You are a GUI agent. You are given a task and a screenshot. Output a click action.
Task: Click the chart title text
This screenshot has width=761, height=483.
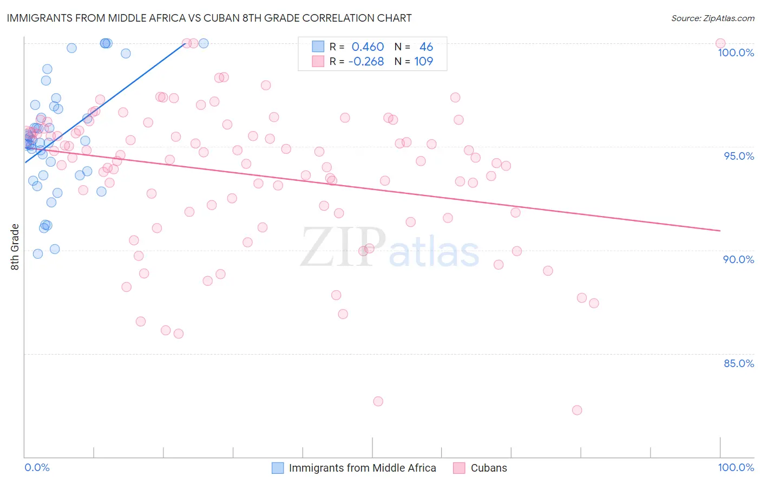click(x=209, y=18)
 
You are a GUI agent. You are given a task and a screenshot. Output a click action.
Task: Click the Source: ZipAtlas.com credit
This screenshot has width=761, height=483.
click(x=712, y=18)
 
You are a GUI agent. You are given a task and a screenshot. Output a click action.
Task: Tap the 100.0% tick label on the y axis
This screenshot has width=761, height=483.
click(x=736, y=53)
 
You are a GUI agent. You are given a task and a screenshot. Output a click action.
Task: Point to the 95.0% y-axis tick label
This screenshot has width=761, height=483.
click(x=739, y=156)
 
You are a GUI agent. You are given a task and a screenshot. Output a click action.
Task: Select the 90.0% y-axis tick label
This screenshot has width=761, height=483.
click(x=739, y=259)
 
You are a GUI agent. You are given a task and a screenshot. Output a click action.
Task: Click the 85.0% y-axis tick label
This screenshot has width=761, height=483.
click(x=739, y=363)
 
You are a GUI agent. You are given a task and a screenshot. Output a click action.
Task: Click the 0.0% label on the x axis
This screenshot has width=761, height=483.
click(x=37, y=467)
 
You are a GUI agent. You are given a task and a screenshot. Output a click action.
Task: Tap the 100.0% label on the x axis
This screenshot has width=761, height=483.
click(x=736, y=467)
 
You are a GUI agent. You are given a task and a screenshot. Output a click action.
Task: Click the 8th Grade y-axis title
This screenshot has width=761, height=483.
click(x=15, y=247)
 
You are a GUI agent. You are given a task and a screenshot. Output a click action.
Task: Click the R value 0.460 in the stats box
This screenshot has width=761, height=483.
click(x=368, y=47)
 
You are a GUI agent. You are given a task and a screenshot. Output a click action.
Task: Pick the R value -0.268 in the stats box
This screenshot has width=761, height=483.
click(x=366, y=61)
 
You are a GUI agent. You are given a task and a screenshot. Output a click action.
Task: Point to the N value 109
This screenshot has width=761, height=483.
click(x=424, y=61)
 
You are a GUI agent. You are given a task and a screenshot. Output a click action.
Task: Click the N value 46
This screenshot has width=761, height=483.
click(x=426, y=47)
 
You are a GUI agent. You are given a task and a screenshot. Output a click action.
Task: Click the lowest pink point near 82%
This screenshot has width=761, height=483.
click(x=577, y=410)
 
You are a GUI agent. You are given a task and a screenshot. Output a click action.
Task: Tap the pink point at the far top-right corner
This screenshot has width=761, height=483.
click(x=720, y=43)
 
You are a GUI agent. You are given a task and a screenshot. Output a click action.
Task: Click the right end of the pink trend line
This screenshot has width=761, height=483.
click(x=720, y=231)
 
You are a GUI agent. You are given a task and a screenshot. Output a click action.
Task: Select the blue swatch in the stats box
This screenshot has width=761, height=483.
click(x=318, y=47)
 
